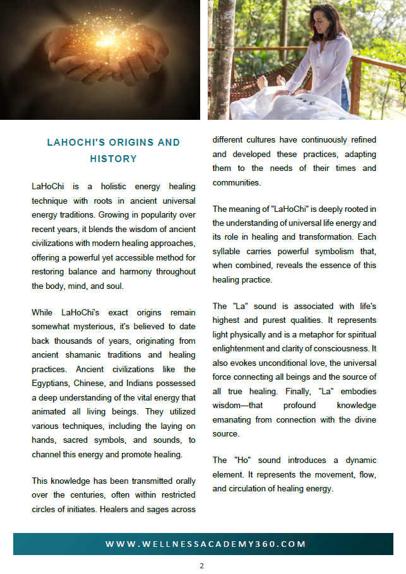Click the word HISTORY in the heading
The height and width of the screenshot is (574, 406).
(114, 159)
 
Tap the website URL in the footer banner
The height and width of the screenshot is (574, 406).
(206, 544)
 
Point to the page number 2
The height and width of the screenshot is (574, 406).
(202, 566)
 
